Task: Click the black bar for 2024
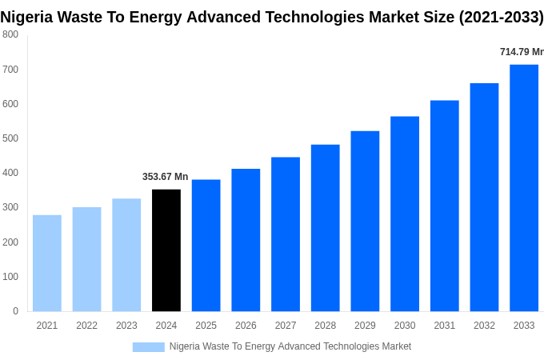166,250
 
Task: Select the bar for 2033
524,188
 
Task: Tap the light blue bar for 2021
47,263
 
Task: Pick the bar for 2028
326,228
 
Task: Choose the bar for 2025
206,246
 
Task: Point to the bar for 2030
405,214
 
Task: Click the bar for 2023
126,255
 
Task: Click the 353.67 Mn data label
166,177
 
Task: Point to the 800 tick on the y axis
10,34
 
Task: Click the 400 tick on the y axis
10,173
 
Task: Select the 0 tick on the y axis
15,311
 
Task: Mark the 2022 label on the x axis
86,326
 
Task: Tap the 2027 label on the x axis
286,326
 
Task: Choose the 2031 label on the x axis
445,326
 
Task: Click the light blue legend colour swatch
148,347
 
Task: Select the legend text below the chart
290,346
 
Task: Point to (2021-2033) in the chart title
501,18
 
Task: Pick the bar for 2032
484,198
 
